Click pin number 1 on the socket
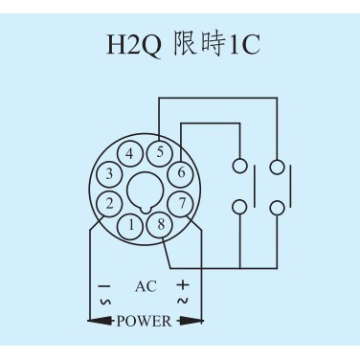pos(131,225)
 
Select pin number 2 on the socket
pos(109,204)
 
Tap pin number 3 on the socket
pos(109,174)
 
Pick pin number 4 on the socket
pos(129,153)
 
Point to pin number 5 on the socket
pos(160,153)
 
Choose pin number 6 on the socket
pos(181,173)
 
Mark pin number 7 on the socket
pos(182,204)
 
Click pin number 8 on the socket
pos(161,225)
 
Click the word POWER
pos(144,321)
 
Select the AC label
pos(146,286)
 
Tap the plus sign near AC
pos(183,284)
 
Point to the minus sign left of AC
pos(104,286)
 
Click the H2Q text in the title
pos(134,46)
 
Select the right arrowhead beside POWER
pos(191,321)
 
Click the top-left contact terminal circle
pos(239,166)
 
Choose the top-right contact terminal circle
pos(277,167)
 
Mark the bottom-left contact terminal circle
pos(239,207)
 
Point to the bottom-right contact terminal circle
pos(277,208)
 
